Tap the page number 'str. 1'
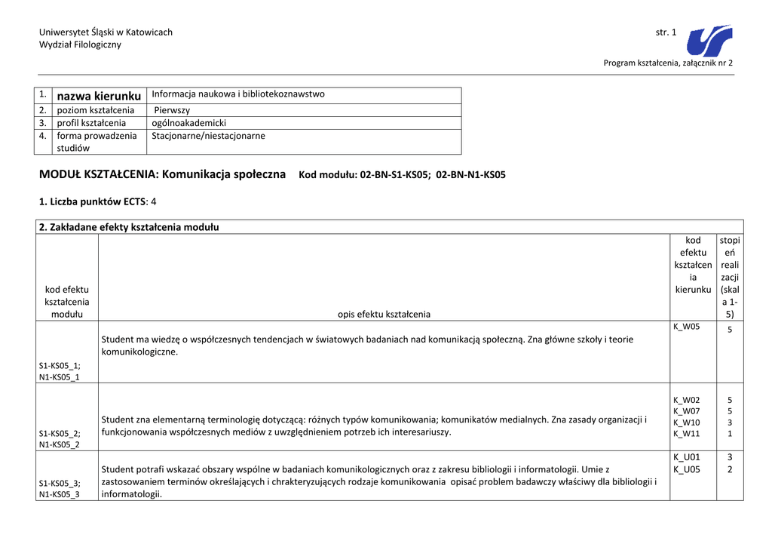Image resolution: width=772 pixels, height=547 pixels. click(666, 32)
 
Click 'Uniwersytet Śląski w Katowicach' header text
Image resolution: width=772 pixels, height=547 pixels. click(106, 32)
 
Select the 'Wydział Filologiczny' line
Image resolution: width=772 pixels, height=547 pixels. click(80, 45)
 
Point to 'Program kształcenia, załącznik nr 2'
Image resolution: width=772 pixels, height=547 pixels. click(668, 63)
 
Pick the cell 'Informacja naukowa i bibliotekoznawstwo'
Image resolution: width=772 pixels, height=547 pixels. click(238, 94)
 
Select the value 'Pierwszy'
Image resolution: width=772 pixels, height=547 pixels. click(172, 110)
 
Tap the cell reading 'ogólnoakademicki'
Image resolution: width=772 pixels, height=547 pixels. click(188, 123)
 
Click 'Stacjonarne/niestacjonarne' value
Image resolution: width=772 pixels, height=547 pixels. click(208, 137)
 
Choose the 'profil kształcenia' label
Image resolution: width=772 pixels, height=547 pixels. click(91, 123)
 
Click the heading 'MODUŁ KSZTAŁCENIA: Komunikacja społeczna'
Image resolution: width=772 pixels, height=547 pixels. click(162, 174)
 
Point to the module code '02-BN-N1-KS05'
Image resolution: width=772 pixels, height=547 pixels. click(471, 175)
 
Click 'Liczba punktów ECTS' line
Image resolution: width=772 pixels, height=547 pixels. click(97, 201)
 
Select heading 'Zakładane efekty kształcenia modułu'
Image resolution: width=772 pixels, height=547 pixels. click(129, 227)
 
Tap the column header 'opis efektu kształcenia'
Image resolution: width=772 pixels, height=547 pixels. click(384, 314)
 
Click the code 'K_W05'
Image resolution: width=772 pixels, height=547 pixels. click(686, 327)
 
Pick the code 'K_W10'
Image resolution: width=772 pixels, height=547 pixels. click(686, 423)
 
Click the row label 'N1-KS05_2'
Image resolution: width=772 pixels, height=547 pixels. click(59, 444)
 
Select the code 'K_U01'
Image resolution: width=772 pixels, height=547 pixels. click(686, 457)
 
